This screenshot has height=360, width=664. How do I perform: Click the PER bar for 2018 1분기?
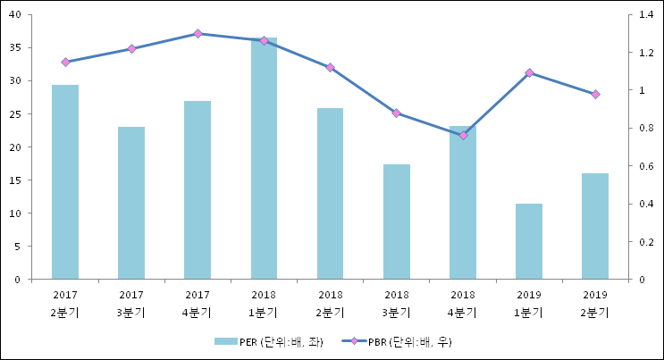[x=264, y=158]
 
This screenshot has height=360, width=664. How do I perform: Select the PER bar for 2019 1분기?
[x=529, y=241]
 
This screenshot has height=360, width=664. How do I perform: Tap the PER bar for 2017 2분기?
[x=65, y=182]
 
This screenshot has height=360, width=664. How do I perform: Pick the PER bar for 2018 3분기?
[x=396, y=222]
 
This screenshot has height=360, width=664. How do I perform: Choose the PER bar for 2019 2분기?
[x=595, y=226]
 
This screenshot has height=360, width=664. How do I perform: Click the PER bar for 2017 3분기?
[x=131, y=203]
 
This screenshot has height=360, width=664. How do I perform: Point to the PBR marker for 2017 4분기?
[x=198, y=33]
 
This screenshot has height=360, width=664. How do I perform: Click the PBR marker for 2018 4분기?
[x=463, y=135]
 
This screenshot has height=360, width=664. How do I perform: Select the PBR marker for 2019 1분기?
[x=529, y=72]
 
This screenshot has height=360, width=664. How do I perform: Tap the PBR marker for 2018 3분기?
[x=396, y=113]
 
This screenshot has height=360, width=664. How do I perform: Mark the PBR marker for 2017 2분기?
[x=65, y=62]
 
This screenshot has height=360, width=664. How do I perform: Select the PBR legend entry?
[x=401, y=342]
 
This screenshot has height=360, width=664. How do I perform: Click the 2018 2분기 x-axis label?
[x=330, y=304]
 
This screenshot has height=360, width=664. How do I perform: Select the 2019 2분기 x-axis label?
[x=595, y=304]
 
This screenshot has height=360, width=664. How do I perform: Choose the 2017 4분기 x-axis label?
[x=198, y=304]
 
